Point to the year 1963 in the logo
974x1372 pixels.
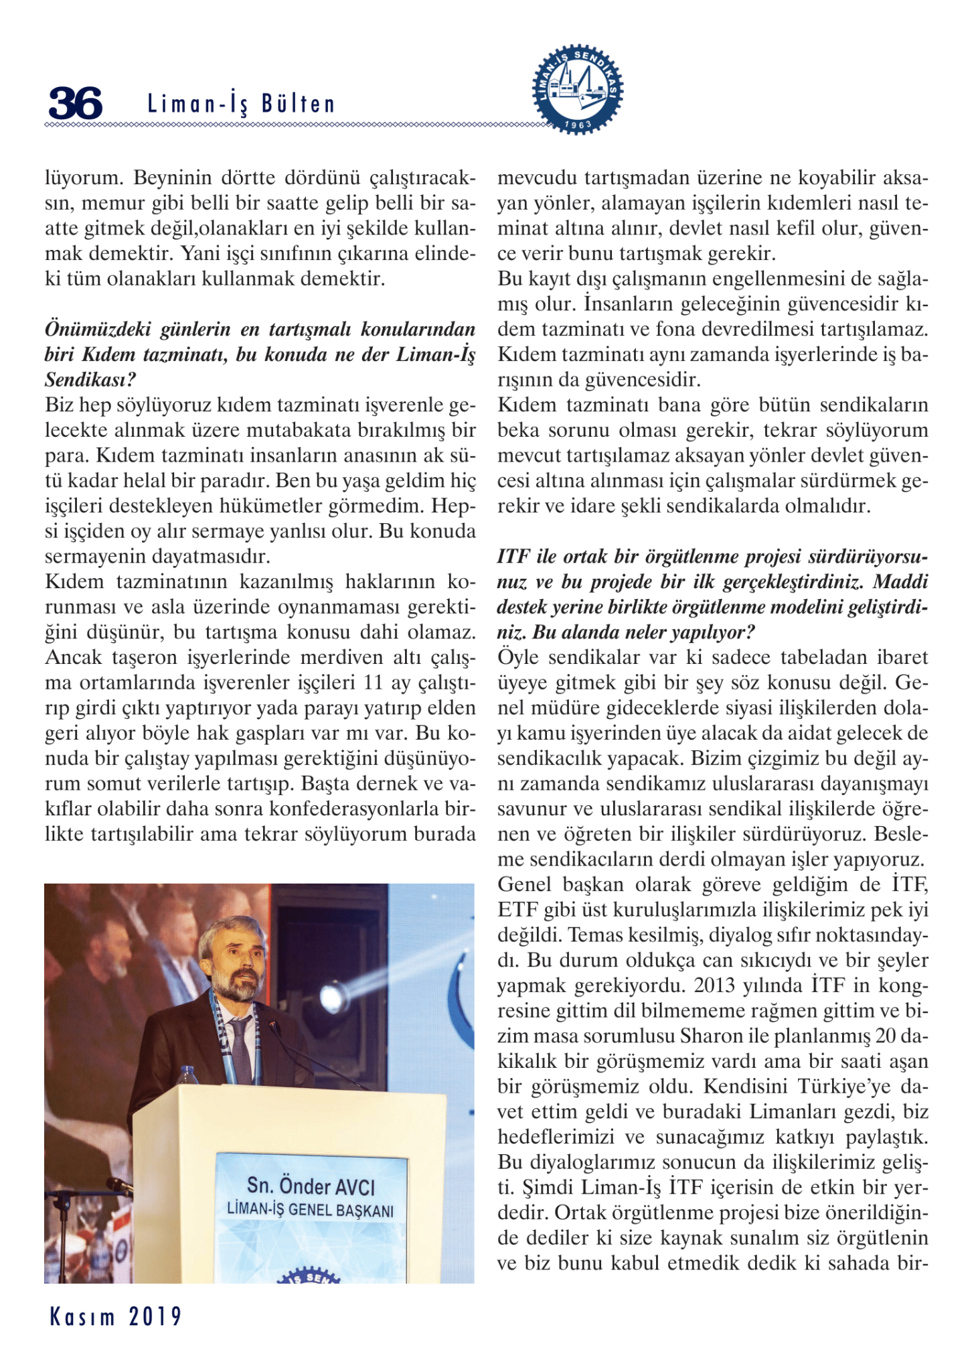(578, 125)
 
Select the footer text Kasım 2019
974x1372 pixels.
(116, 1316)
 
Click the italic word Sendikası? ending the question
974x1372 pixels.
(90, 380)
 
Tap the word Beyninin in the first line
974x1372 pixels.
(175, 178)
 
